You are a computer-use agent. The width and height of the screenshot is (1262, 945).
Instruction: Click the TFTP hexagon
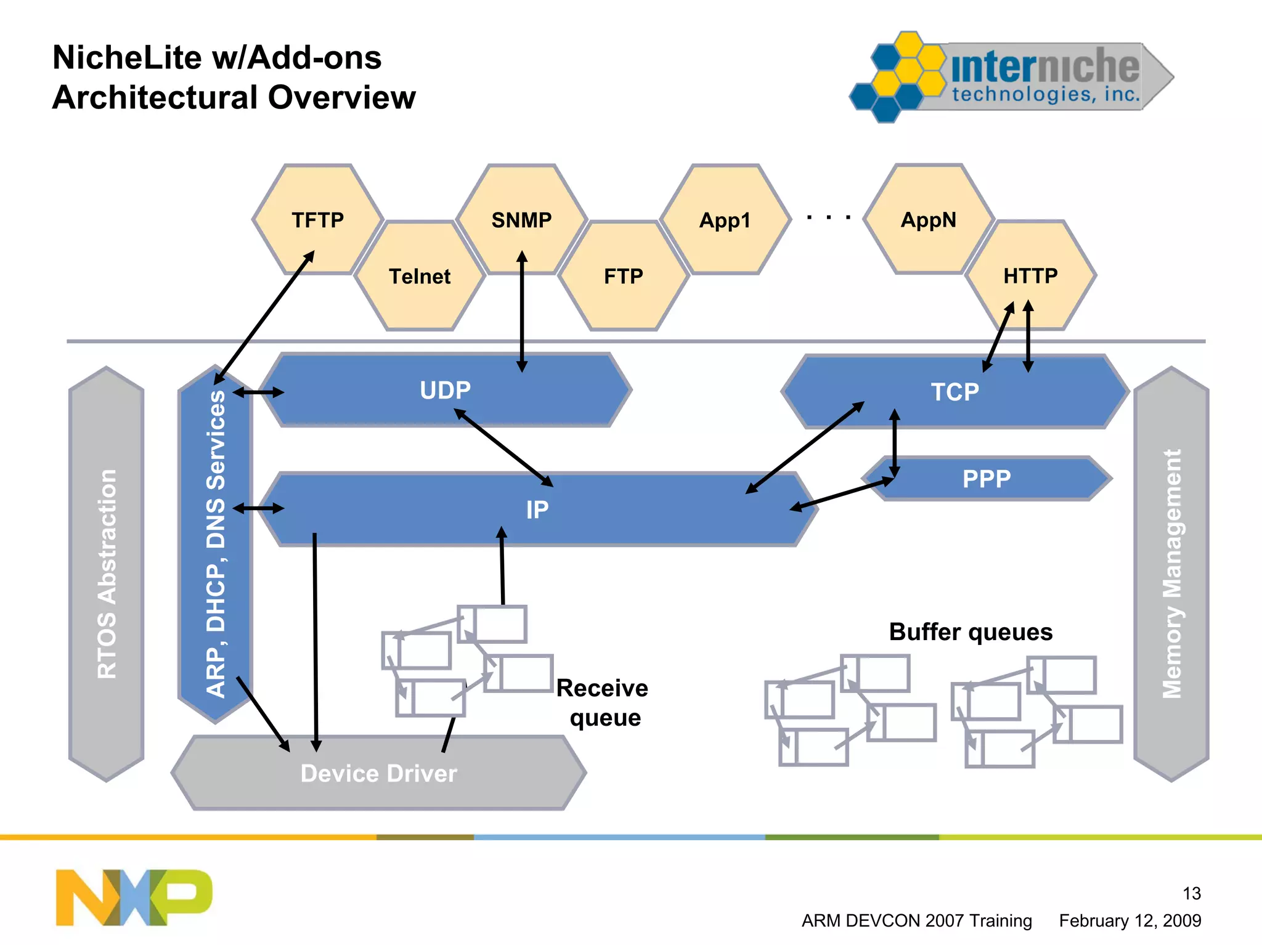318,219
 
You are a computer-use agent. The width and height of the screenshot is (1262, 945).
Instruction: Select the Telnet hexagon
420,276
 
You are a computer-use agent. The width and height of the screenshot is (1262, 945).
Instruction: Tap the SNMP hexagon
521,219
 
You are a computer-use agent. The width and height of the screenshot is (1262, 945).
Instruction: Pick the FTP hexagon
623,276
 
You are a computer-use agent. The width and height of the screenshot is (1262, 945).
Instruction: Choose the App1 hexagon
725,220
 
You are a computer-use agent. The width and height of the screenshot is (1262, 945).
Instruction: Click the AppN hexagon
928,219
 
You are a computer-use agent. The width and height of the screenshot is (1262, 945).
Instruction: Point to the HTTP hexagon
1030,275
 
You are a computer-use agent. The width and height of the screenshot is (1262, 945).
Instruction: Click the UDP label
445,390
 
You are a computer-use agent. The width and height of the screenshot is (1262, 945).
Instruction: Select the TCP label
955,392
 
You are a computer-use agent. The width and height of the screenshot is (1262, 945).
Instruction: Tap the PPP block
987,479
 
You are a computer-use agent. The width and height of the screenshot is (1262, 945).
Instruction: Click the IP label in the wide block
537,509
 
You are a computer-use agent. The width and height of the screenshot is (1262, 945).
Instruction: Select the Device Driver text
378,773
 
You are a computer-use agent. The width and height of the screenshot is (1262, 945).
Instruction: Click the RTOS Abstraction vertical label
107,574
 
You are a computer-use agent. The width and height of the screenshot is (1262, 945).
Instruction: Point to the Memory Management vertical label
1171,574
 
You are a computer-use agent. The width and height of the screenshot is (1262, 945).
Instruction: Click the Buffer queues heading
971,632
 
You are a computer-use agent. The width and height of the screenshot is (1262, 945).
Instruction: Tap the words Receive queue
603,702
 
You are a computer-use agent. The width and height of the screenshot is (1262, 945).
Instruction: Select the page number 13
1191,893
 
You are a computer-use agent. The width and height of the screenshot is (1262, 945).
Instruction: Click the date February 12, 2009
1130,920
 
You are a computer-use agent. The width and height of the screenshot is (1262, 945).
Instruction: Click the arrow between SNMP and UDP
522,311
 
